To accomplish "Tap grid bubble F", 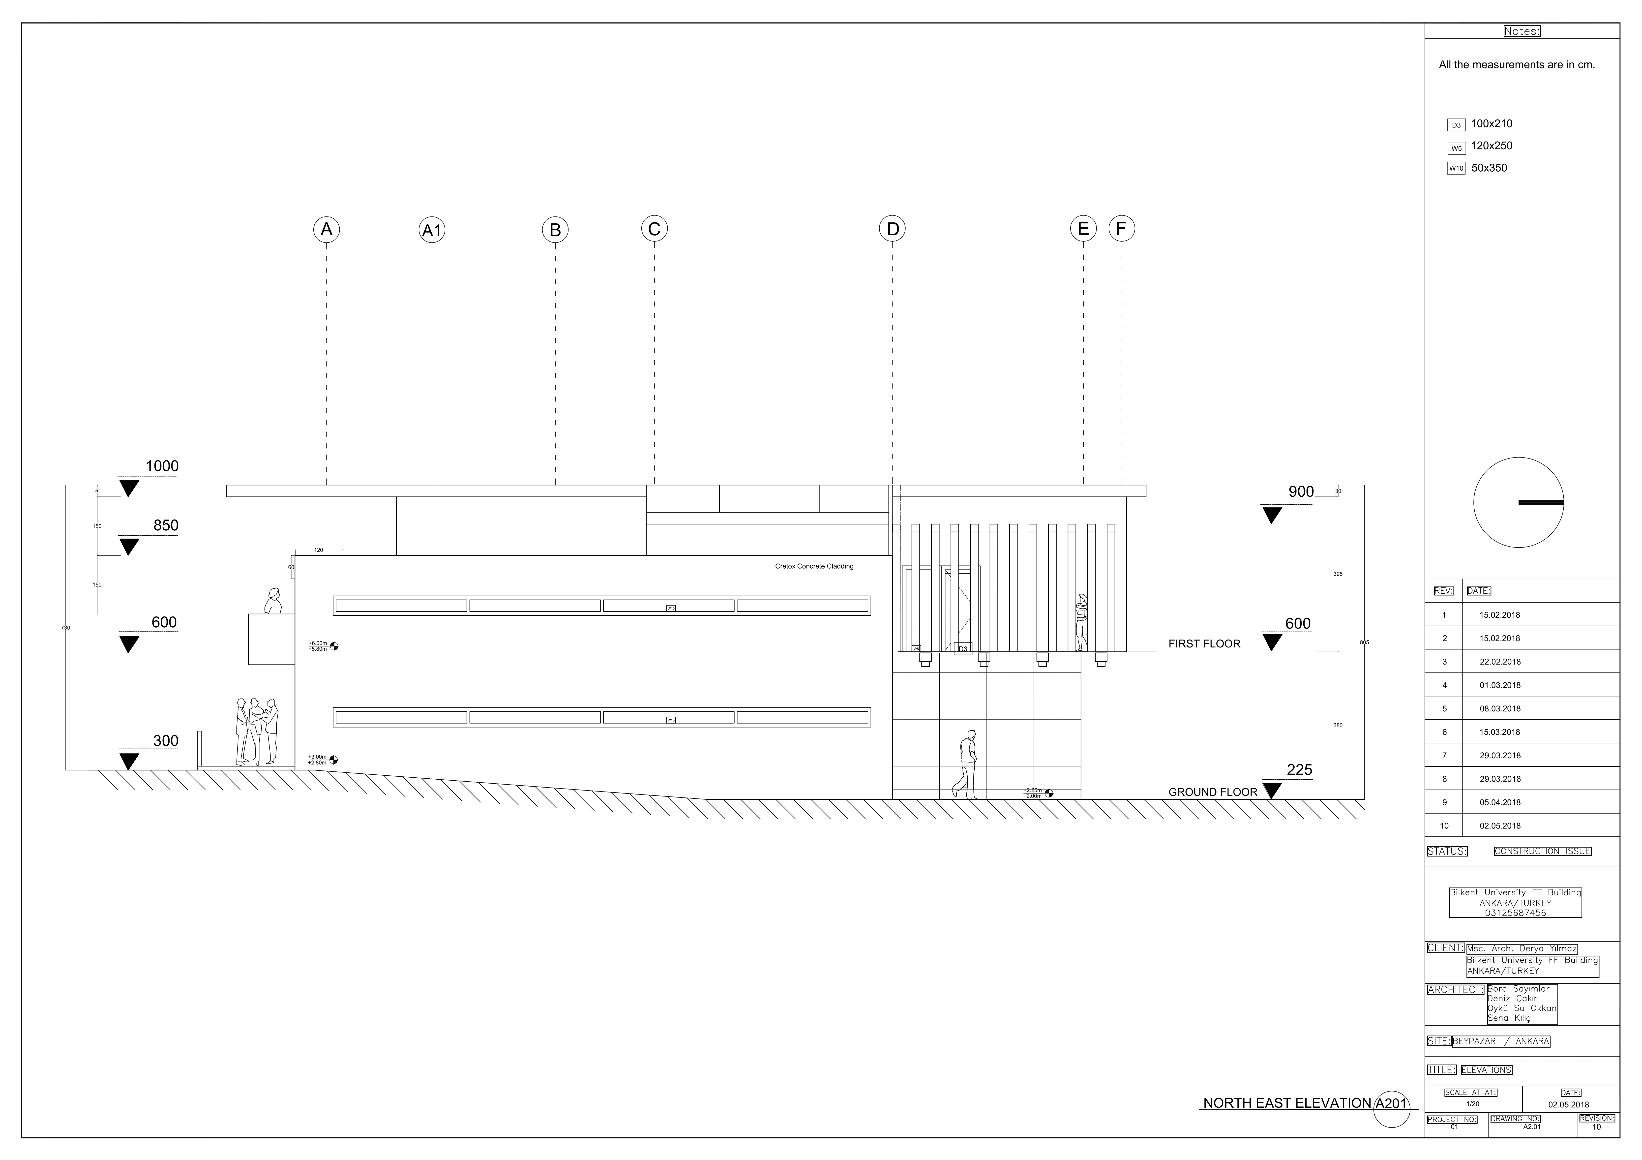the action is click(1121, 229).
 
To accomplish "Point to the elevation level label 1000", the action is click(162, 466).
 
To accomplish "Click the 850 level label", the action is click(165, 526).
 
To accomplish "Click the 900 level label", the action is click(1301, 492).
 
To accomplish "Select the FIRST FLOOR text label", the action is click(1204, 644).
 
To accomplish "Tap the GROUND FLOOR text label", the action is click(1212, 793).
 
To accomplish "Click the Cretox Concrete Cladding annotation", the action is click(814, 566).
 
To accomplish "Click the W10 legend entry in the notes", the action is click(1455, 169).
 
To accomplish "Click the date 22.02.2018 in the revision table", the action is click(1500, 662).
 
